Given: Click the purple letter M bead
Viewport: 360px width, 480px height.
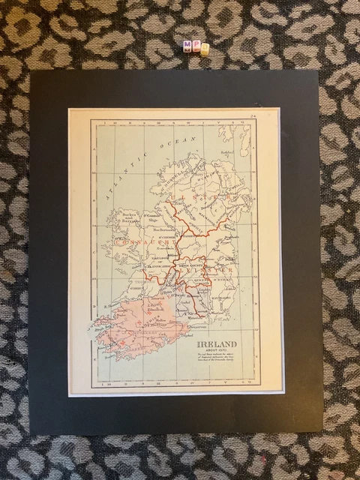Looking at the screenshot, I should coord(187,46).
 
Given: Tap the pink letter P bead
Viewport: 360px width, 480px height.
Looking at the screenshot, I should coord(196,46).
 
